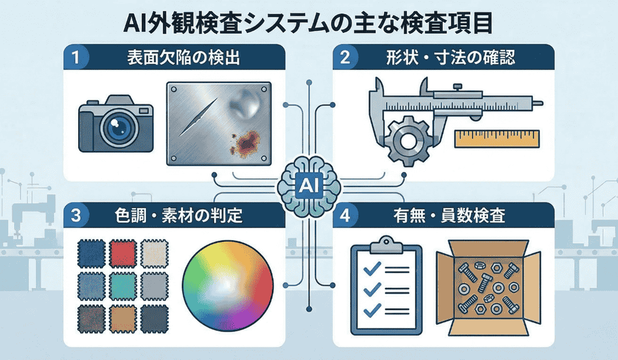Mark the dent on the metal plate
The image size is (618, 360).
click(x=244, y=105)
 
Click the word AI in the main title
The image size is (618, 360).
click(x=136, y=24)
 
